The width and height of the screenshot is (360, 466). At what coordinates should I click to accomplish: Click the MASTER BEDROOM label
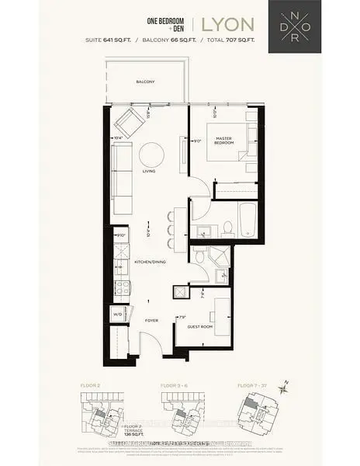pos(226,141)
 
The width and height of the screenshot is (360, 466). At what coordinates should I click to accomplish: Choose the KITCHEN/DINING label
pos(148,263)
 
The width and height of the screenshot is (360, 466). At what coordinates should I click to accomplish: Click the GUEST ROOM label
pos(199,327)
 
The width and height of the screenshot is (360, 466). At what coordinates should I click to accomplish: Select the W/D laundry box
pos(117,315)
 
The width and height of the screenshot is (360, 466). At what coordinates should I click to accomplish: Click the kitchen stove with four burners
pos(120,290)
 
